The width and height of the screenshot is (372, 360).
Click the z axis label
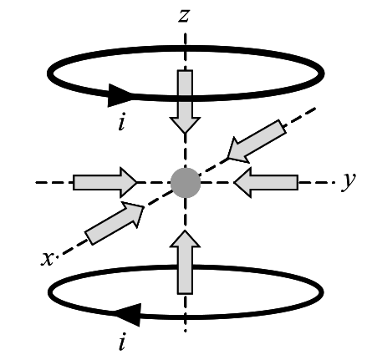pos(184,15)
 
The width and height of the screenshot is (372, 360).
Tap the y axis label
pos(349,180)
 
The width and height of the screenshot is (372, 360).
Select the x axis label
pos(47,259)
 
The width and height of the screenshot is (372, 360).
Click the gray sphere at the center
pos(186,183)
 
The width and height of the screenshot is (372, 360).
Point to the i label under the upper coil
pos(121,121)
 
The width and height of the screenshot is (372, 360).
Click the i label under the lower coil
pos(121,341)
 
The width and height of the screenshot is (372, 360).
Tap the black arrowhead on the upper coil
pos(120,95)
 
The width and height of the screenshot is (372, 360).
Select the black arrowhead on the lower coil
pos(128,315)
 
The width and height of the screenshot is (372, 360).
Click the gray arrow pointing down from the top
pos(185,102)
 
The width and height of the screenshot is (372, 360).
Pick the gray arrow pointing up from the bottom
pos(185,262)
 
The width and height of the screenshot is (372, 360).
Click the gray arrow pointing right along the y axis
pos(105,183)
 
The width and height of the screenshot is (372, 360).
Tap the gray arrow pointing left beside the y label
pos(266,183)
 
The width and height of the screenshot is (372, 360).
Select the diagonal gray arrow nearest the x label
pos(115,223)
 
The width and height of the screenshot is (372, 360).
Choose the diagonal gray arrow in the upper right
pos(257,141)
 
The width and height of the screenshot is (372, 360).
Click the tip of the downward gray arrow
pos(185,134)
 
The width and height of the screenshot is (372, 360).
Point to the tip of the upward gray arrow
pos(185,231)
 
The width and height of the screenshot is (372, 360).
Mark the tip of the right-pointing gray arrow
pos(136,183)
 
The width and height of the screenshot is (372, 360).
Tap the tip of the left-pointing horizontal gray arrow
pos(234,183)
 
